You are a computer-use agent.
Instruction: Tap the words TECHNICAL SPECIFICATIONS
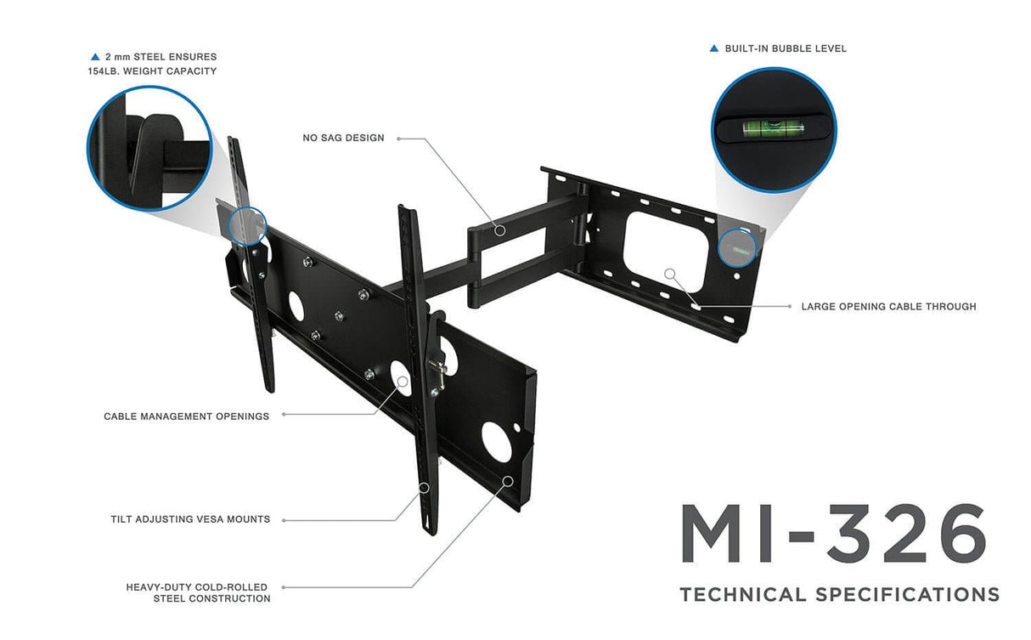click(x=839, y=594)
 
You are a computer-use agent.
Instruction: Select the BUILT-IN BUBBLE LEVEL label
click(x=786, y=48)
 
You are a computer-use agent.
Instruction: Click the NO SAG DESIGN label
click(x=343, y=138)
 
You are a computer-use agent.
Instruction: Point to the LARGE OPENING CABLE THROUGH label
click(x=888, y=306)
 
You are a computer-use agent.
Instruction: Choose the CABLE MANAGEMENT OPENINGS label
click(x=186, y=416)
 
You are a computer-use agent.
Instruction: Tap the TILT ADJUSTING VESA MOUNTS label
click(x=190, y=519)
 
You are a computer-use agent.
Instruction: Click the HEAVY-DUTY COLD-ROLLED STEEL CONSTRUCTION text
click(x=198, y=592)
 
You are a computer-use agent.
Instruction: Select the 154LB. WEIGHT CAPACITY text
click(x=152, y=71)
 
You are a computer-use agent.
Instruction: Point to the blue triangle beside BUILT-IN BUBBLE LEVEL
click(x=714, y=48)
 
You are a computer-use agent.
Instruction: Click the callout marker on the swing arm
click(x=500, y=229)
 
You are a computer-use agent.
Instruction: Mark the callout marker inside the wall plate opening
click(x=670, y=275)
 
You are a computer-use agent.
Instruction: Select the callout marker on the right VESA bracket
click(x=424, y=487)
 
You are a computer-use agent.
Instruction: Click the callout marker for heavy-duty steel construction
click(x=508, y=481)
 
